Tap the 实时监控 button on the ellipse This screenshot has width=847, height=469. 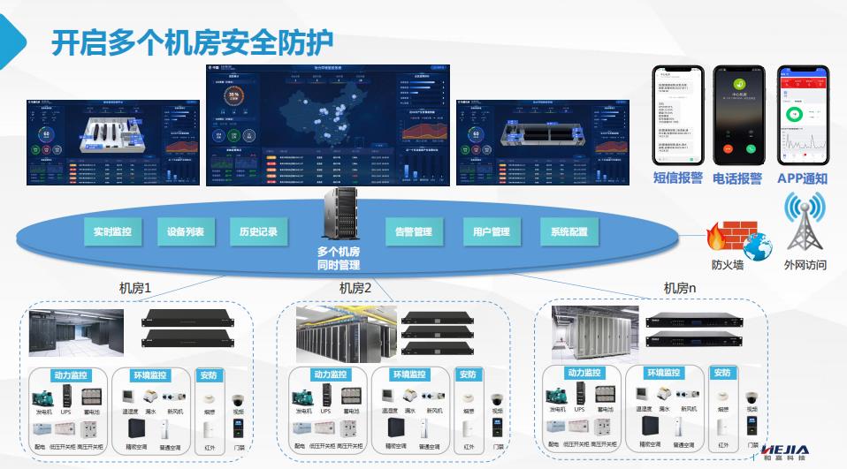tap(112, 232)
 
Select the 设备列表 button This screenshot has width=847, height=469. tap(186, 232)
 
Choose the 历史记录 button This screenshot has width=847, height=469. tap(259, 232)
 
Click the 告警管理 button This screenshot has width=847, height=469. tap(414, 232)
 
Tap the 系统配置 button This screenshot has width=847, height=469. tap(569, 232)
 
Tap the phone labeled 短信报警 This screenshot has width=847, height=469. tap(677, 115)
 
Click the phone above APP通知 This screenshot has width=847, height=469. tap(803, 115)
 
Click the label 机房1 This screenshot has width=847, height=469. tap(135, 288)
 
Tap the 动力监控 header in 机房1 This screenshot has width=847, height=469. tap(68, 375)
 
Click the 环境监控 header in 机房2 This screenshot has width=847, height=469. tap(411, 375)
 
